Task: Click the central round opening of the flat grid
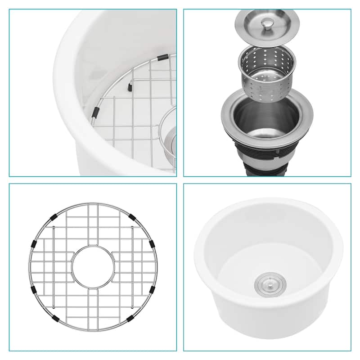93,267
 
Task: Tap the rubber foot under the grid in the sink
130,85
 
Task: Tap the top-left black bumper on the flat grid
54,216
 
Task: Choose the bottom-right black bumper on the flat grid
131,318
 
